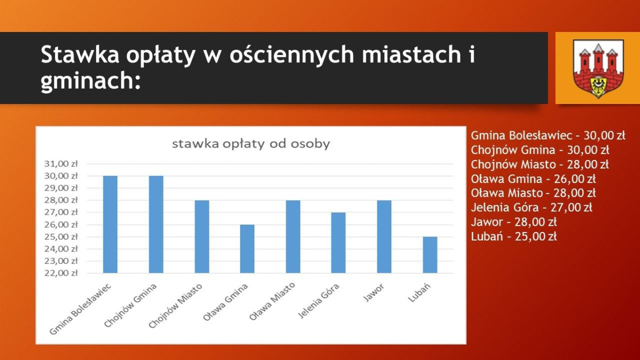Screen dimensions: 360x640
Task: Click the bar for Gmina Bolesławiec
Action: click(x=110, y=224)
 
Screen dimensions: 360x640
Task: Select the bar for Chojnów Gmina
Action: click(x=156, y=224)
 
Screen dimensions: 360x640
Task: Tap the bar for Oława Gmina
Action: click(x=247, y=249)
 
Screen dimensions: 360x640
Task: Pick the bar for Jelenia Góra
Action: click(x=338, y=243)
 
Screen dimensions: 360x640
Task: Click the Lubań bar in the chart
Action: click(x=430, y=255)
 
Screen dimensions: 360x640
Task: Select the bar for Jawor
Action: click(x=384, y=236)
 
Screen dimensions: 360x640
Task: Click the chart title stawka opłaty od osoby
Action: click(x=250, y=144)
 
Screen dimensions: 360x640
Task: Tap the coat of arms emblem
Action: click(x=598, y=68)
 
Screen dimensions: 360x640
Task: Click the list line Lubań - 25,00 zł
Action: click(x=514, y=237)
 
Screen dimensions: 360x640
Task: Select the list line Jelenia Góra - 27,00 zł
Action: click(x=531, y=208)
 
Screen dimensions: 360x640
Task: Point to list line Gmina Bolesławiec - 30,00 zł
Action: click(x=548, y=135)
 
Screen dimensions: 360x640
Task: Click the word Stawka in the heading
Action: click(x=79, y=55)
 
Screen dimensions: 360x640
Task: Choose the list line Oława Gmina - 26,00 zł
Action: click(x=533, y=179)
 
